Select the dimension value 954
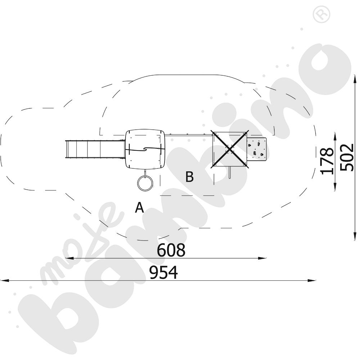click(x=164, y=273)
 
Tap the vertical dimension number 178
click(x=327, y=161)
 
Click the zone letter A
click(x=140, y=207)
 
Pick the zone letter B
click(x=190, y=177)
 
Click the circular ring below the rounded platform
click(x=145, y=182)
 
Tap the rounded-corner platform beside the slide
click(x=145, y=149)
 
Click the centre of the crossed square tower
click(x=229, y=149)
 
